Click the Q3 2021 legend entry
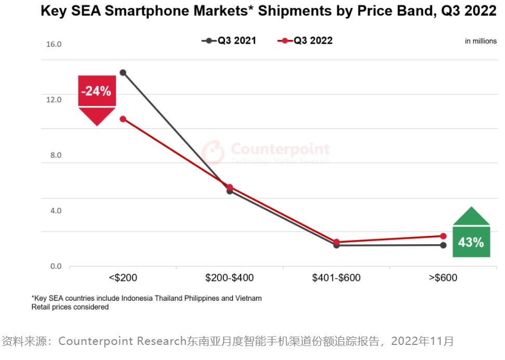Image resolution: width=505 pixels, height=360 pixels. point(229,41)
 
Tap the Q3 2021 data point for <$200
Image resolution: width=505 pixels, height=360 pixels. point(123,72)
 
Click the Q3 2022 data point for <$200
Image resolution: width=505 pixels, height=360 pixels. point(123,119)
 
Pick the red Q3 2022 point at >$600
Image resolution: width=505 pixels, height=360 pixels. point(443,236)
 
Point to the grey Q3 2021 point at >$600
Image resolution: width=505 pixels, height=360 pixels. point(443,245)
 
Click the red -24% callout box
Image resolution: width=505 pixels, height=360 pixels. point(97,91)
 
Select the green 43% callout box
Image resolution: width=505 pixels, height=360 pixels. point(471,242)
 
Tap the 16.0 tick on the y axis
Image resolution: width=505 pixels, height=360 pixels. point(54,44)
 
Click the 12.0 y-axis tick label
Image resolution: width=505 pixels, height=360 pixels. point(54,100)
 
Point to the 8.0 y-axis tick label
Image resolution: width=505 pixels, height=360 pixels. point(56,155)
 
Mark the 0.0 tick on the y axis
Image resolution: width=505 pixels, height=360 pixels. point(56,266)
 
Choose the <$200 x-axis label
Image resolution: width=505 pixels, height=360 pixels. point(123,278)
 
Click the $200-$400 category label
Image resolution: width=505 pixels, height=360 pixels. point(230,278)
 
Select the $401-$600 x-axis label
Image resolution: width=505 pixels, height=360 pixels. point(336,278)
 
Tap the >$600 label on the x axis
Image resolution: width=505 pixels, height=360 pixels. point(443,278)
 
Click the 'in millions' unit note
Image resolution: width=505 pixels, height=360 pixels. point(481,41)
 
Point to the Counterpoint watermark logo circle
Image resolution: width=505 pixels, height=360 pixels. point(212,152)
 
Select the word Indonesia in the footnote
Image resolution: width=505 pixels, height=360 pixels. point(138,298)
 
